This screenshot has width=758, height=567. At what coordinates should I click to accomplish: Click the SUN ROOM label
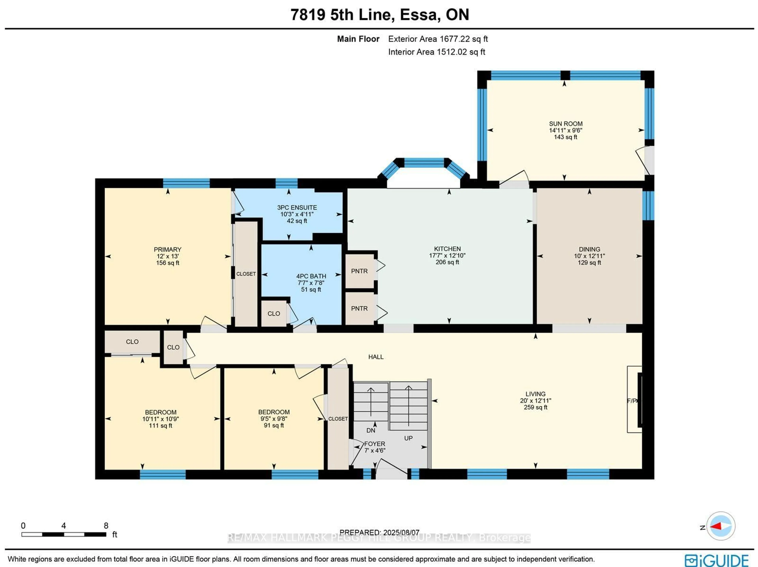(565, 124)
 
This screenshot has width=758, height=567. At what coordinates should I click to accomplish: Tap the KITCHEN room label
(447, 249)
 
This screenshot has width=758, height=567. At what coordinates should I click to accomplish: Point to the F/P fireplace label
(631, 401)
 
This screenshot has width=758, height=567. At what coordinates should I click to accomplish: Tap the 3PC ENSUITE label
(297, 207)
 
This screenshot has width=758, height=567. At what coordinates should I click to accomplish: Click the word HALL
(376, 357)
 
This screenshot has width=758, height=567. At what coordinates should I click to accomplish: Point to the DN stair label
(371, 430)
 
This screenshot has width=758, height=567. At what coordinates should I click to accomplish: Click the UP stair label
(408, 438)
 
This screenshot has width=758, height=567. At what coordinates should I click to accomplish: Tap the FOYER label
(374, 444)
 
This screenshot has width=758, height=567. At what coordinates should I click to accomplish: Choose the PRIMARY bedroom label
(168, 250)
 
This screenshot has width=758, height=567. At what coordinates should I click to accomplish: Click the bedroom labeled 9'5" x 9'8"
(274, 418)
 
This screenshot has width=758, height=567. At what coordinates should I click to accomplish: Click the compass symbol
(721, 526)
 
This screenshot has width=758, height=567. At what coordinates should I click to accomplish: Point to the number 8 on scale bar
(106, 526)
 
